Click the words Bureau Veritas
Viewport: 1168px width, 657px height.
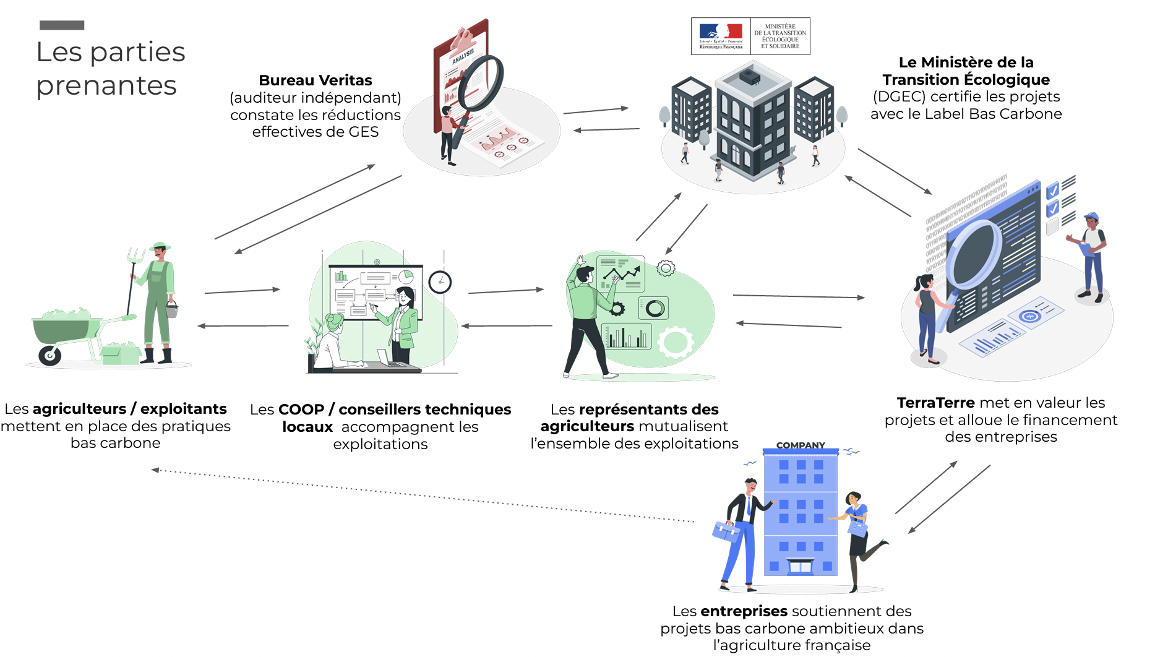point(316,80)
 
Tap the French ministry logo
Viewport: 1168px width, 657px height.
point(750,36)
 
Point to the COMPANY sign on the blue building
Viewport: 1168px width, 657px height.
point(801,445)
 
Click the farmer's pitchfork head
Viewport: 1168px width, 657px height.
point(135,254)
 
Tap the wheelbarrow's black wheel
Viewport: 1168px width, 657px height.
point(49,355)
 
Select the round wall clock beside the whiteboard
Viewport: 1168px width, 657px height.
point(440,282)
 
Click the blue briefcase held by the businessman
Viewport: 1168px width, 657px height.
point(726,531)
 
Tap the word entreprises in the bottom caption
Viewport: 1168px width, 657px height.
point(744,611)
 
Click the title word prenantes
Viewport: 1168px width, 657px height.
point(106,85)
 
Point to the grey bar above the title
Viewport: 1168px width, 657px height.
point(62,25)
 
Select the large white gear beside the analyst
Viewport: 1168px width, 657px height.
point(675,342)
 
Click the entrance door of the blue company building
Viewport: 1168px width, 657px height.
point(800,566)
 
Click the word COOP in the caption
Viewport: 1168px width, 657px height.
point(301,410)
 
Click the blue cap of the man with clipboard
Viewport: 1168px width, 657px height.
point(1091,217)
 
